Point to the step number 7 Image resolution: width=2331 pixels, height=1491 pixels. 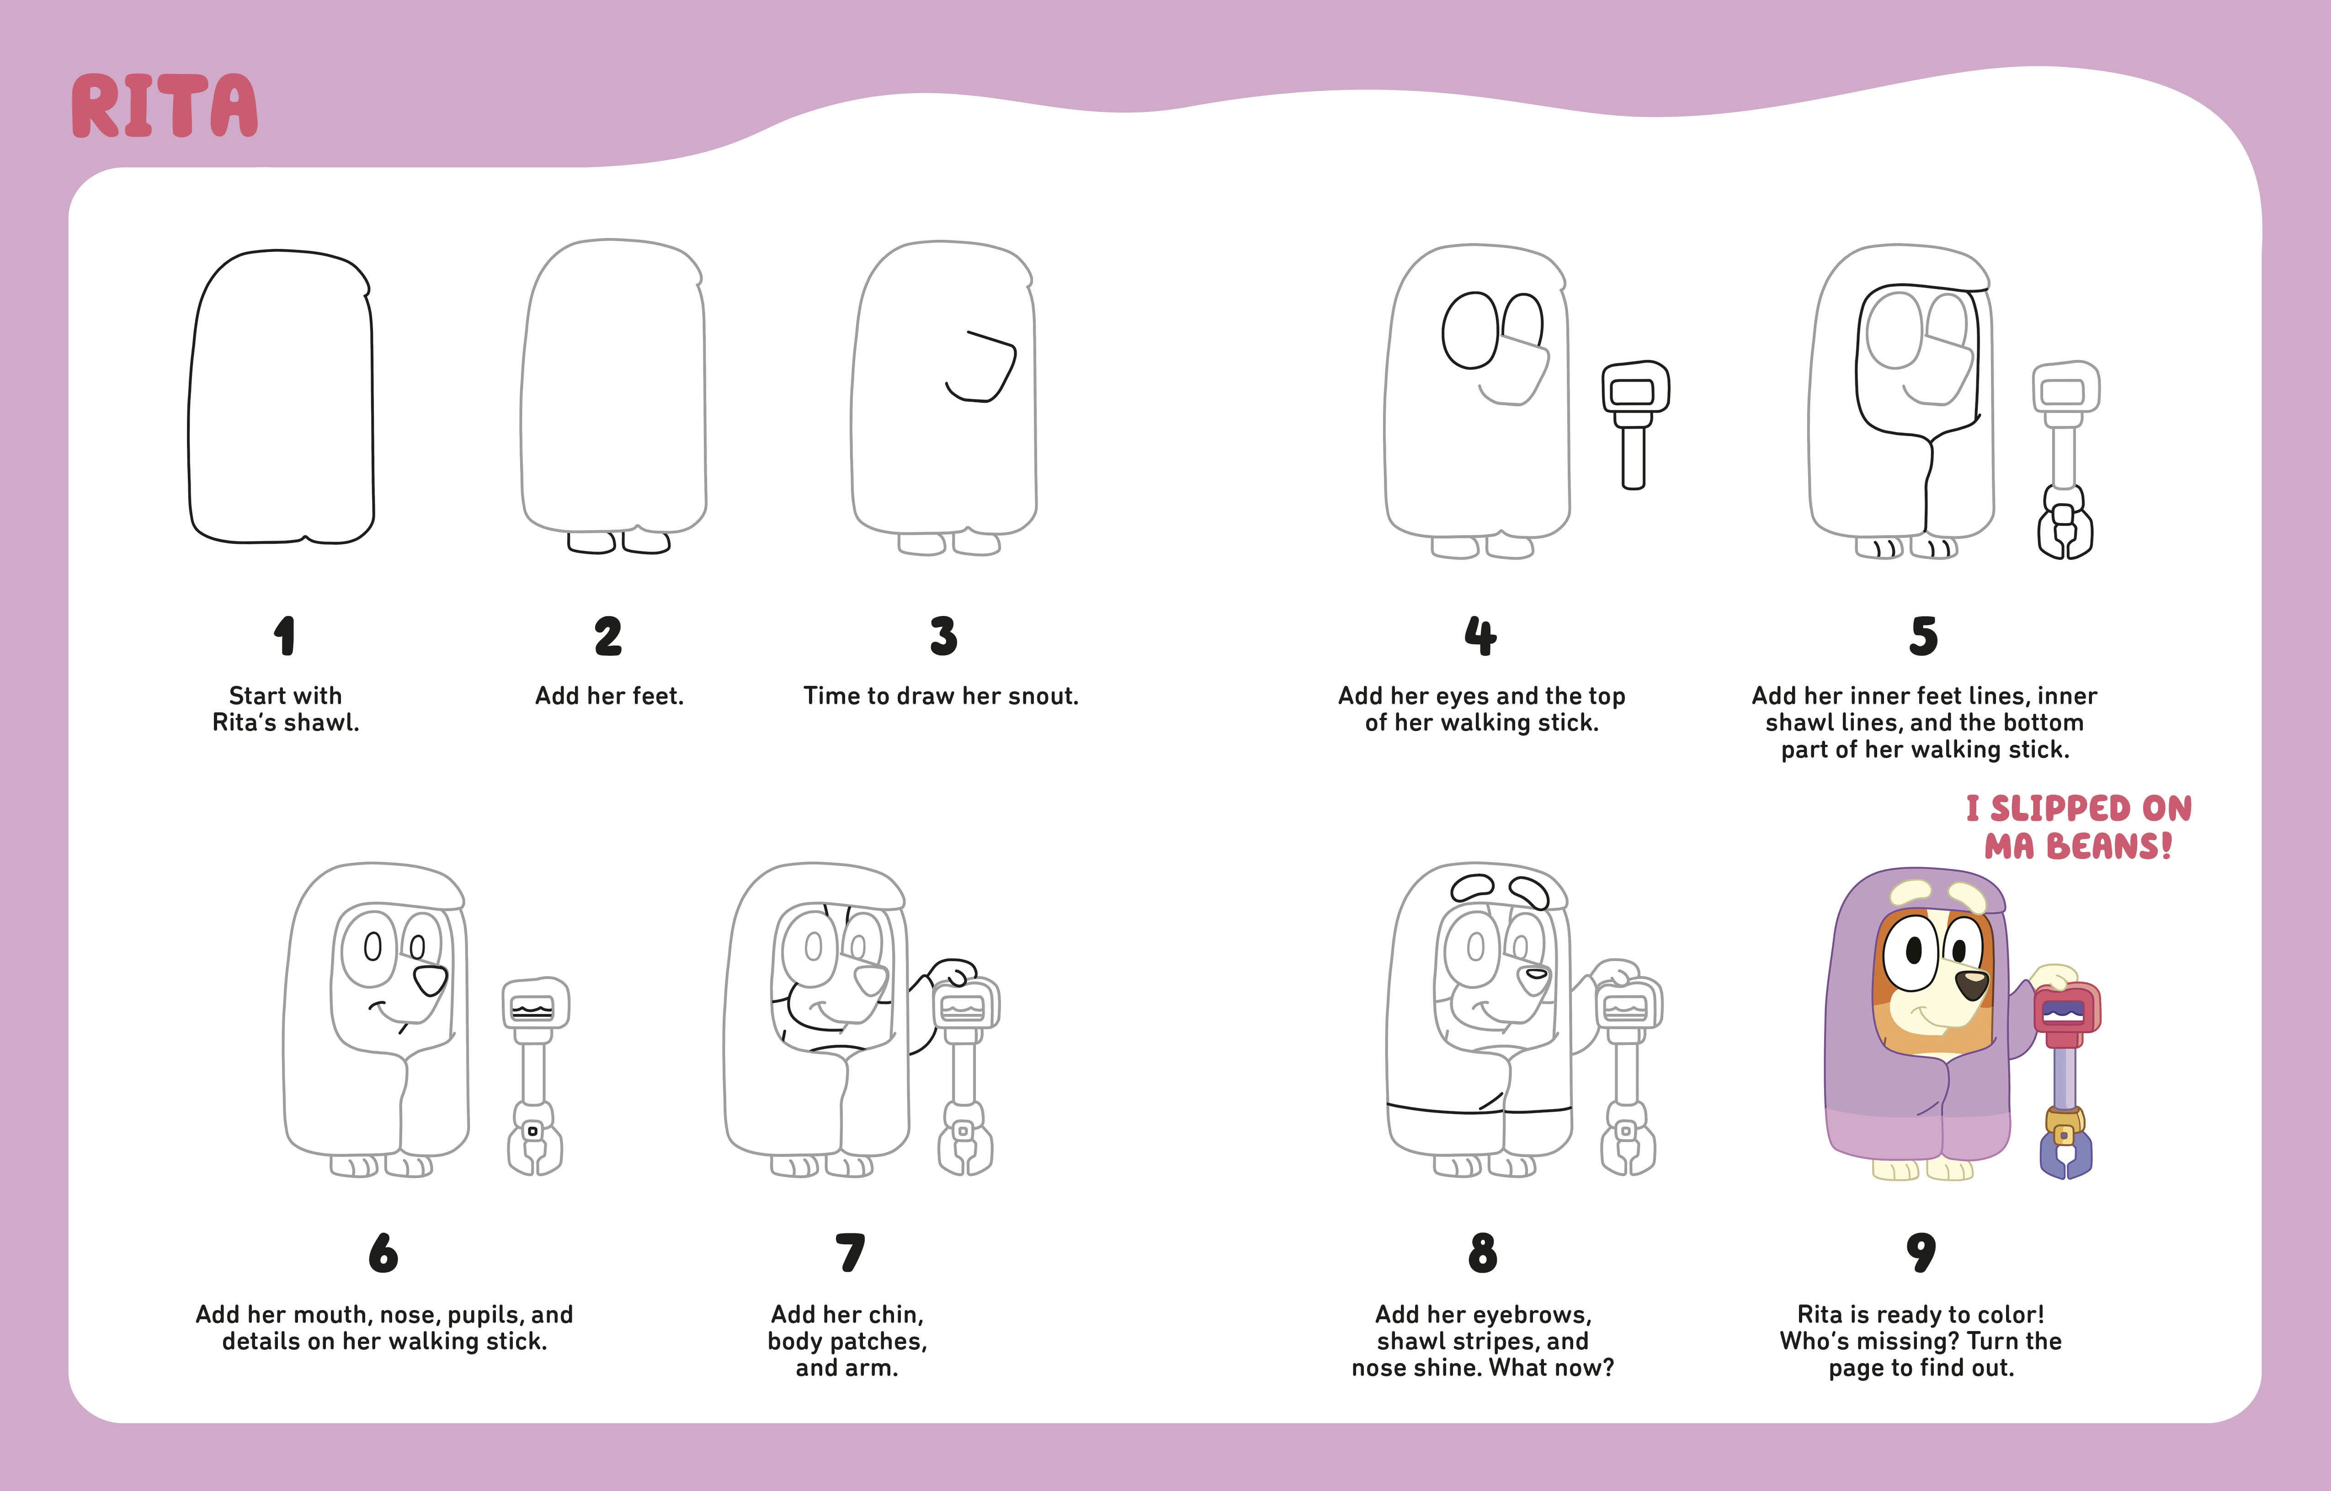tap(849, 1253)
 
